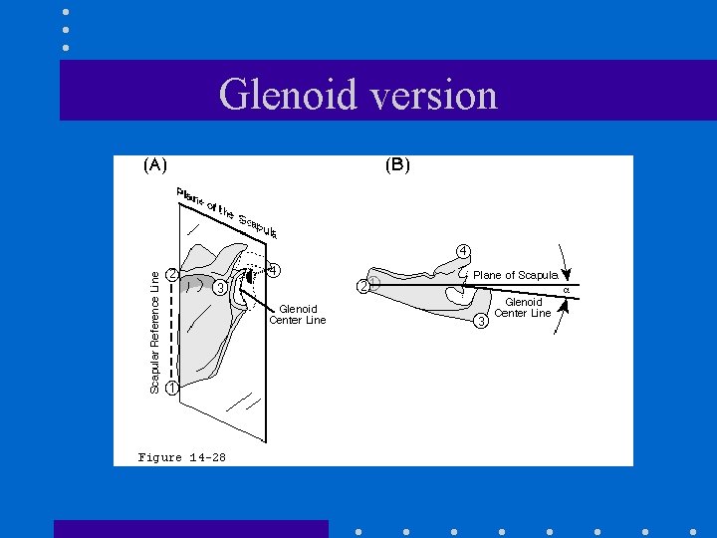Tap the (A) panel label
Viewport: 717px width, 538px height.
pyautogui.click(x=154, y=165)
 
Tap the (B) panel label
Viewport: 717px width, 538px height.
pyautogui.click(x=396, y=165)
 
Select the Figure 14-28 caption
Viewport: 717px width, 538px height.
pyautogui.click(x=181, y=457)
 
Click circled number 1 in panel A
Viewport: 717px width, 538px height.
pyautogui.click(x=171, y=388)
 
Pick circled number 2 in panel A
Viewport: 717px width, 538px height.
pyautogui.click(x=172, y=274)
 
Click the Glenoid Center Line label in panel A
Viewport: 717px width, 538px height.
pyautogui.click(x=298, y=315)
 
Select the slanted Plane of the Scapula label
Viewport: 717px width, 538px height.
pyautogui.click(x=227, y=212)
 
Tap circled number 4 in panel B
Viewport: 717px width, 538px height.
pyautogui.click(x=463, y=250)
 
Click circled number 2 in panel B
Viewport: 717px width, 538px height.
pyautogui.click(x=363, y=288)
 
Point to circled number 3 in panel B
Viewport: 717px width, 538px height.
pyautogui.click(x=481, y=320)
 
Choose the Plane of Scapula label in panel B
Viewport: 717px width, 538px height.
pyautogui.click(x=515, y=275)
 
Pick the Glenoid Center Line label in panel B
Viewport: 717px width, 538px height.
pyautogui.click(x=523, y=308)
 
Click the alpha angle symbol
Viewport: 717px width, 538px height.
pyautogui.click(x=566, y=290)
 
